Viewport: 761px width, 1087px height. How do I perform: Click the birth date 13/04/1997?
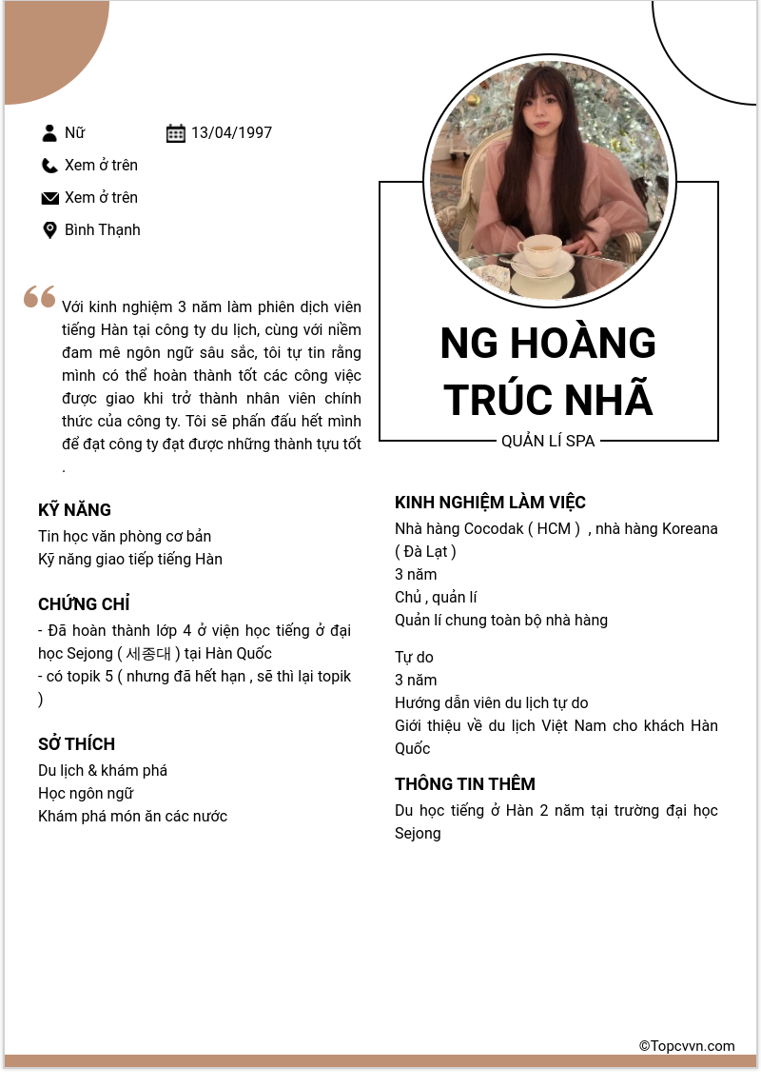pyautogui.click(x=231, y=133)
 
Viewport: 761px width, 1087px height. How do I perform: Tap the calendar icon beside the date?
pyautogui.click(x=176, y=133)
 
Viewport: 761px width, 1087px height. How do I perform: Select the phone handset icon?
pyautogui.click(x=50, y=166)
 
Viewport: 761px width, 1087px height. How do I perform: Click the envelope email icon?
pyautogui.click(x=50, y=198)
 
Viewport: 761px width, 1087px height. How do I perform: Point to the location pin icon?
pyautogui.click(x=50, y=230)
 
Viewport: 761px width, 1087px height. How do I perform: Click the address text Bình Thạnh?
pyautogui.click(x=102, y=230)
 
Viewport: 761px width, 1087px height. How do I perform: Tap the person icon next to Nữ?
pyautogui.click(x=50, y=133)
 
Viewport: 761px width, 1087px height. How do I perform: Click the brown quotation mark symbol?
pyautogui.click(x=40, y=297)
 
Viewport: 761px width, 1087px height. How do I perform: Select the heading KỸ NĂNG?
pyautogui.click(x=74, y=510)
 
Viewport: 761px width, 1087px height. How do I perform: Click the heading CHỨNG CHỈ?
pyautogui.click(x=84, y=604)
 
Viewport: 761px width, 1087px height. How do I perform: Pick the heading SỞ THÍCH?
pyautogui.click(x=76, y=744)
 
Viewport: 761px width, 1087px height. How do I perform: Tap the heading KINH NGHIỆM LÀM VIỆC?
pyautogui.click(x=490, y=503)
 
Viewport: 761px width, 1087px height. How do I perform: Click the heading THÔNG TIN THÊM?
pyautogui.click(x=465, y=784)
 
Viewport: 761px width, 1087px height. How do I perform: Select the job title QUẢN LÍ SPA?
pyautogui.click(x=548, y=442)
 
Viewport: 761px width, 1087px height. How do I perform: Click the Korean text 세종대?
pyautogui.click(x=148, y=654)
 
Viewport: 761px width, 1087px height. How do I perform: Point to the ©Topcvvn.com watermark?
pyautogui.click(x=687, y=1046)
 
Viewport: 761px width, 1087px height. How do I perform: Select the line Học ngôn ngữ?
pyautogui.click(x=86, y=794)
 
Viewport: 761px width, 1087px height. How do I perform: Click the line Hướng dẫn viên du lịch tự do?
pyautogui.click(x=491, y=703)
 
